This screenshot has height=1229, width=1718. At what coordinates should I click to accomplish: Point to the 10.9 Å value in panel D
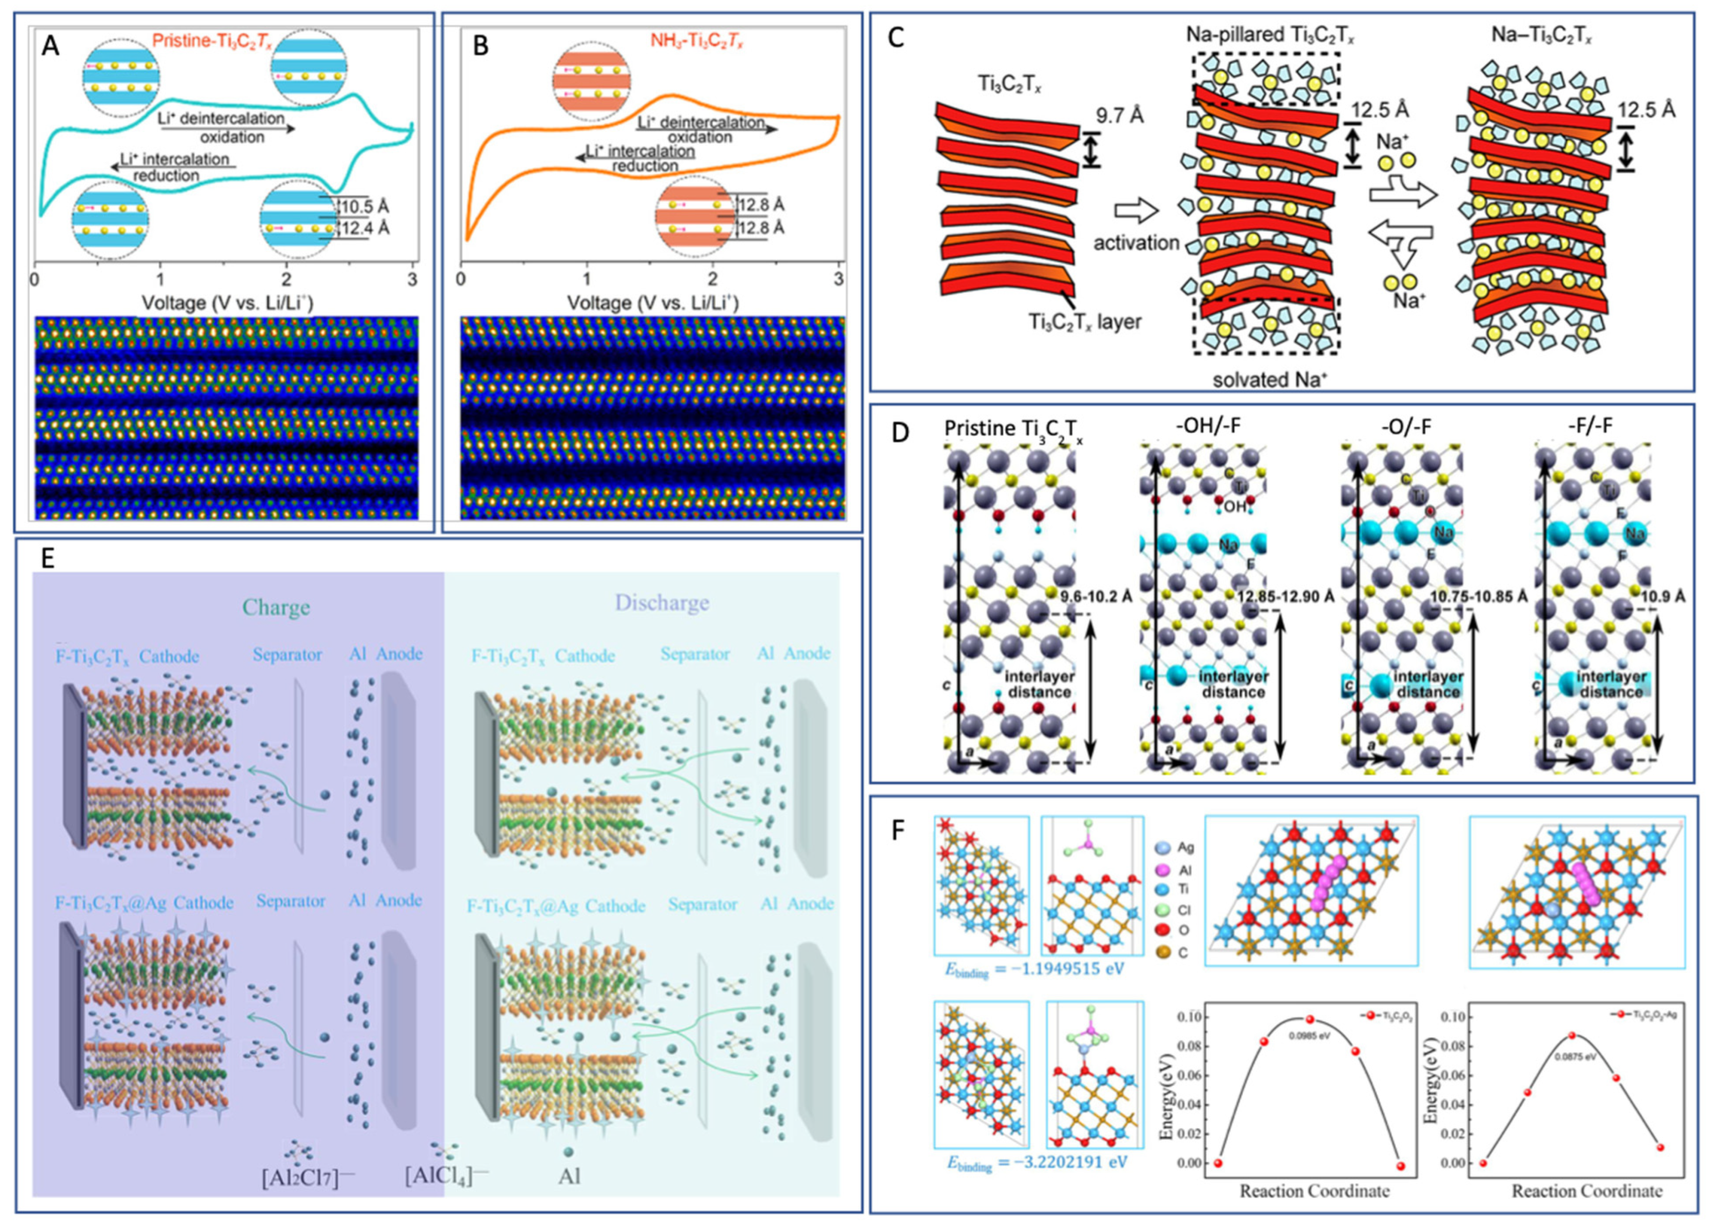(x=1663, y=597)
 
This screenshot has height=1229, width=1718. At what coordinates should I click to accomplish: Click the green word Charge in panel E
(x=276, y=608)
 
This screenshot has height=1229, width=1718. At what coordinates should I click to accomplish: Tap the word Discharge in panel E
(x=662, y=602)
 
